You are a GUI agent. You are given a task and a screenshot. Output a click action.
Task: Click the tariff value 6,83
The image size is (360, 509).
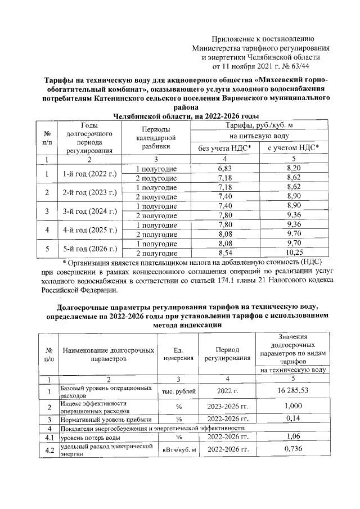click(224, 169)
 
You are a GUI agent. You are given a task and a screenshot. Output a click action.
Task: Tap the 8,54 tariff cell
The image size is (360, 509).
click(224, 254)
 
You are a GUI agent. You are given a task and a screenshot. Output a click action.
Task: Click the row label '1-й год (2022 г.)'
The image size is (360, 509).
click(90, 173)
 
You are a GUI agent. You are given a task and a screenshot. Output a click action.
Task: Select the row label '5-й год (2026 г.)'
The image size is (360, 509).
click(90, 249)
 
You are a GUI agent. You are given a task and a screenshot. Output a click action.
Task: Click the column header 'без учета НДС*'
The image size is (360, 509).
click(225, 148)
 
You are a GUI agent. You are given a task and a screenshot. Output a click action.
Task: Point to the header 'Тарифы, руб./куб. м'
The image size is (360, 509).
click(259, 125)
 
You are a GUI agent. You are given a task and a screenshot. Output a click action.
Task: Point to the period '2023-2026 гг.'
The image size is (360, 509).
click(228, 406)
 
